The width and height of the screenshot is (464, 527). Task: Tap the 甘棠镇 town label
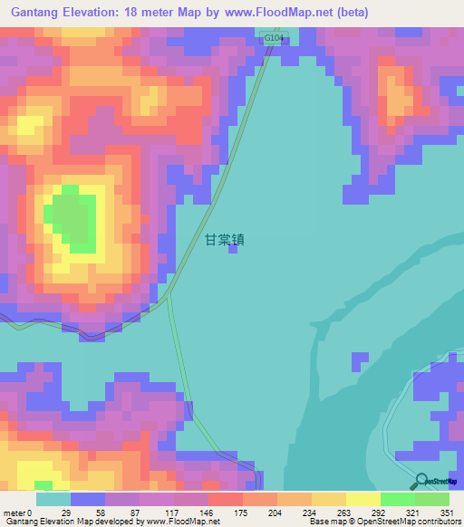225,241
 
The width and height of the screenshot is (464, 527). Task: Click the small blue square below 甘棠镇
233,252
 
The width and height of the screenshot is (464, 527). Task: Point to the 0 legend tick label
29,513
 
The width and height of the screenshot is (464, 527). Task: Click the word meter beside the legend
14,513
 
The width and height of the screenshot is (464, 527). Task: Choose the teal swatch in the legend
53,499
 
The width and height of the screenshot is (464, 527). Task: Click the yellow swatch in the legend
362,499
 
